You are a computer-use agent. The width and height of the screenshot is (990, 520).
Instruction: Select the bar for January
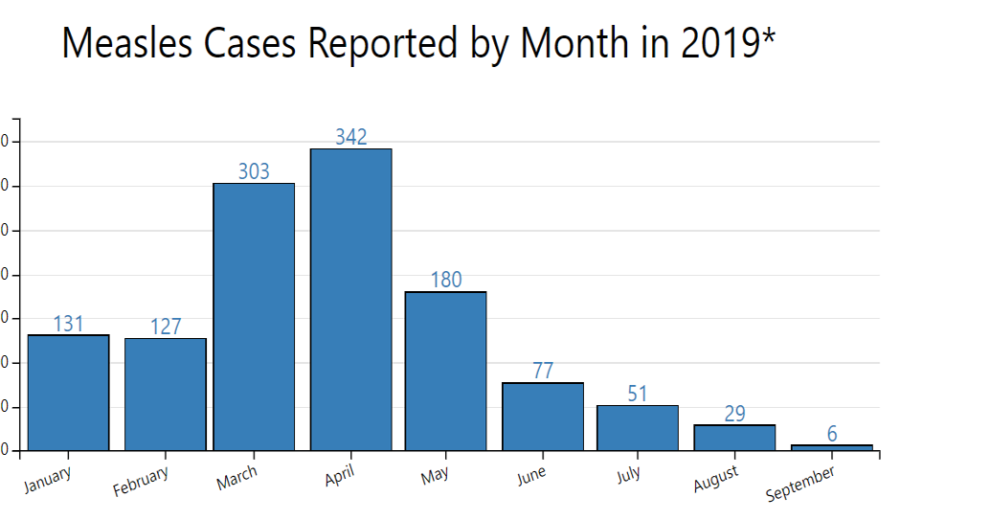coord(68,393)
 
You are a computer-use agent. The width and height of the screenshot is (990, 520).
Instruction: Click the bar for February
coord(165,395)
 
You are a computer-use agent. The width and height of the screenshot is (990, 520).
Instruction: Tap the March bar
coord(254,316)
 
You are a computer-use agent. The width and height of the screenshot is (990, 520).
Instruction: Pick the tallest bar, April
coord(350,299)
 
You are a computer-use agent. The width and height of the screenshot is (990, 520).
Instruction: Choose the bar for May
coord(445,371)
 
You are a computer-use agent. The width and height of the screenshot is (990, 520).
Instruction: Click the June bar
coord(543,417)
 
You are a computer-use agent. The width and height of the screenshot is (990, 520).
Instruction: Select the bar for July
coord(638,427)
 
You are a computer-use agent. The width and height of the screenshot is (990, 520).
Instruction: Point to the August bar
coord(734,438)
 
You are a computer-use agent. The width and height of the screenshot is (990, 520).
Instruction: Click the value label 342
coord(350,137)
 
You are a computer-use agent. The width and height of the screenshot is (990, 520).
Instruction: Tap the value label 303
coord(254,171)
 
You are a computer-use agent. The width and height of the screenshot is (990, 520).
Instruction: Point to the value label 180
coord(445,280)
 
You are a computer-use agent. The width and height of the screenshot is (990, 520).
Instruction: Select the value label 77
coord(543,371)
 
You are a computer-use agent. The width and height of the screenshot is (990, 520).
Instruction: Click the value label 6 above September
coord(832,434)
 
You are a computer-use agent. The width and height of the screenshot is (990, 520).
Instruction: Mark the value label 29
coord(734,414)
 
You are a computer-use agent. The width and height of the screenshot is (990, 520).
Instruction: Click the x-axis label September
coord(801,485)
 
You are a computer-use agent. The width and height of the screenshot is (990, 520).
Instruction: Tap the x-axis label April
coord(339,476)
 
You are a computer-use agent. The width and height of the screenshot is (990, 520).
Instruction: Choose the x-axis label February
coord(141,481)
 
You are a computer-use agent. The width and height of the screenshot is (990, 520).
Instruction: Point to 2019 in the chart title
coord(719,44)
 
